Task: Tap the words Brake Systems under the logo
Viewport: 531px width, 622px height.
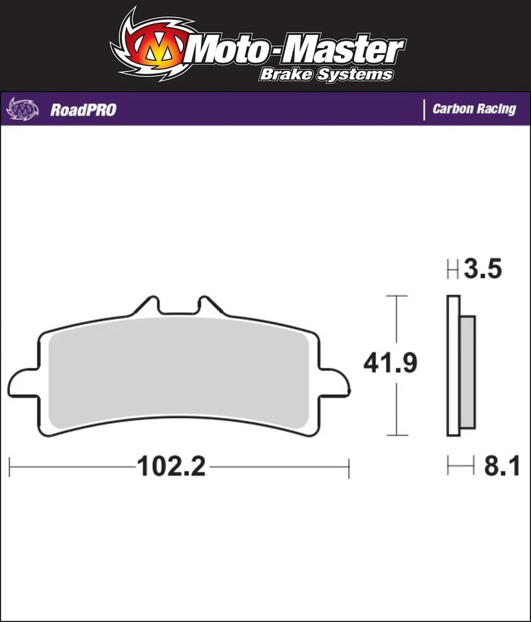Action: point(326,75)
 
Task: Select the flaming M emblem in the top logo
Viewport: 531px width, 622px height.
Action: point(154,48)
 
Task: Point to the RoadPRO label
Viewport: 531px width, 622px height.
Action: point(83,109)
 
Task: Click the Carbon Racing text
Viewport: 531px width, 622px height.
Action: point(474,109)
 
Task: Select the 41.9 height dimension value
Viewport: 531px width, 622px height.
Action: point(390,364)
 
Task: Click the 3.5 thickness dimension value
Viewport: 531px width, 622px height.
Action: point(484,270)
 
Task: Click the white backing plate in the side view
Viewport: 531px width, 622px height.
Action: point(453,366)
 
